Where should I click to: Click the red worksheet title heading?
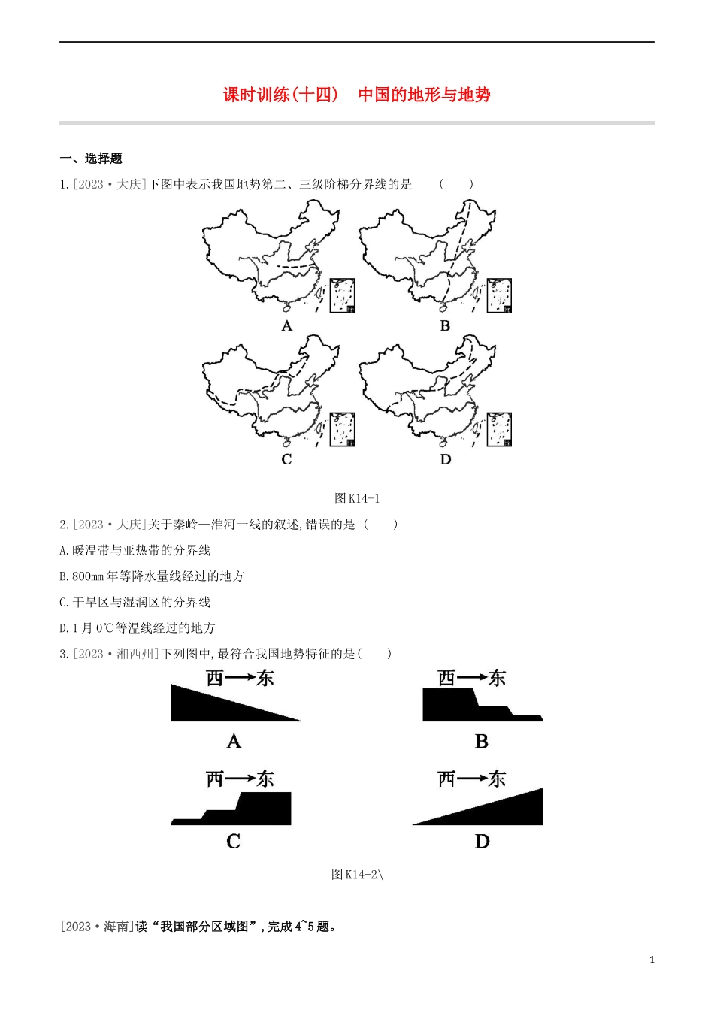[356, 95]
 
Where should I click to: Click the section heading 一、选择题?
[91, 158]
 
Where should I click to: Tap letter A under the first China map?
[286, 325]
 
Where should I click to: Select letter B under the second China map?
[445, 325]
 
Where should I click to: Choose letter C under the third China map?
[286, 459]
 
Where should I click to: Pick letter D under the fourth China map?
[445, 459]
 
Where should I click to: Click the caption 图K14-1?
[357, 498]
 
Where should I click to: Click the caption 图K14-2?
[357, 874]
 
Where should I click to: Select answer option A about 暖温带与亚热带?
[135, 550]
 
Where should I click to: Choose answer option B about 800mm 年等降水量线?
[152, 576]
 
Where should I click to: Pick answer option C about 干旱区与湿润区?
[135, 602]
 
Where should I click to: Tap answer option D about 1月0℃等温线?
[138, 627]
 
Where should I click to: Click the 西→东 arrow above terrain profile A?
[240, 678]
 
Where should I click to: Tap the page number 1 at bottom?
[652, 960]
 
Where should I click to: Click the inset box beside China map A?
[343, 295]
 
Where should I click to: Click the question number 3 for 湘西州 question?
[64, 654]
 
